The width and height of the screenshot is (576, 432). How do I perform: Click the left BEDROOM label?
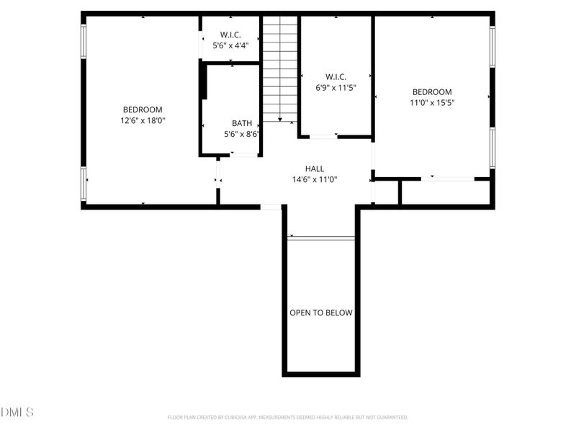pos(142,109)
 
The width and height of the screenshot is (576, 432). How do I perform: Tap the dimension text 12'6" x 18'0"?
pos(143,121)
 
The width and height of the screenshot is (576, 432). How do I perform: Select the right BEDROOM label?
pos(432,91)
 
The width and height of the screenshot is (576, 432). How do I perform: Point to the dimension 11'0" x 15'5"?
pos(432,103)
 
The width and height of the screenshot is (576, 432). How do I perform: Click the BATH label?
pos(242,123)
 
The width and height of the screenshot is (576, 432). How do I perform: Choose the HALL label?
pos(315,168)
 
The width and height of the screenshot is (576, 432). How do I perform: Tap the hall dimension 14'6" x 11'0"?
pos(315,180)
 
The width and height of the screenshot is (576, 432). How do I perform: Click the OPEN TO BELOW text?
pos(321,312)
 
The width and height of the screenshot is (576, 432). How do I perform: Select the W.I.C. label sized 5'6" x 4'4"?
pos(230,35)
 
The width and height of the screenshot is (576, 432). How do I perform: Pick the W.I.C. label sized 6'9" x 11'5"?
pos(336,76)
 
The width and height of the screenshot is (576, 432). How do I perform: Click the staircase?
pos(279,68)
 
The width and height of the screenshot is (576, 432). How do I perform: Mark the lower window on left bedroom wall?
pos(84,184)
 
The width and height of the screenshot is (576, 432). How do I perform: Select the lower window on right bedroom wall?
pos(492,148)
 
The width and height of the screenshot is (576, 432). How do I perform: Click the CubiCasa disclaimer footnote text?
pos(288,417)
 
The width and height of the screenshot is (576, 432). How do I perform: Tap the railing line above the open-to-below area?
pos(321,238)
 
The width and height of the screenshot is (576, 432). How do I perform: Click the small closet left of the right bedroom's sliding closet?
pos(387,192)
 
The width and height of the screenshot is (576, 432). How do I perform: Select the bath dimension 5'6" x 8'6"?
pos(242,134)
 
